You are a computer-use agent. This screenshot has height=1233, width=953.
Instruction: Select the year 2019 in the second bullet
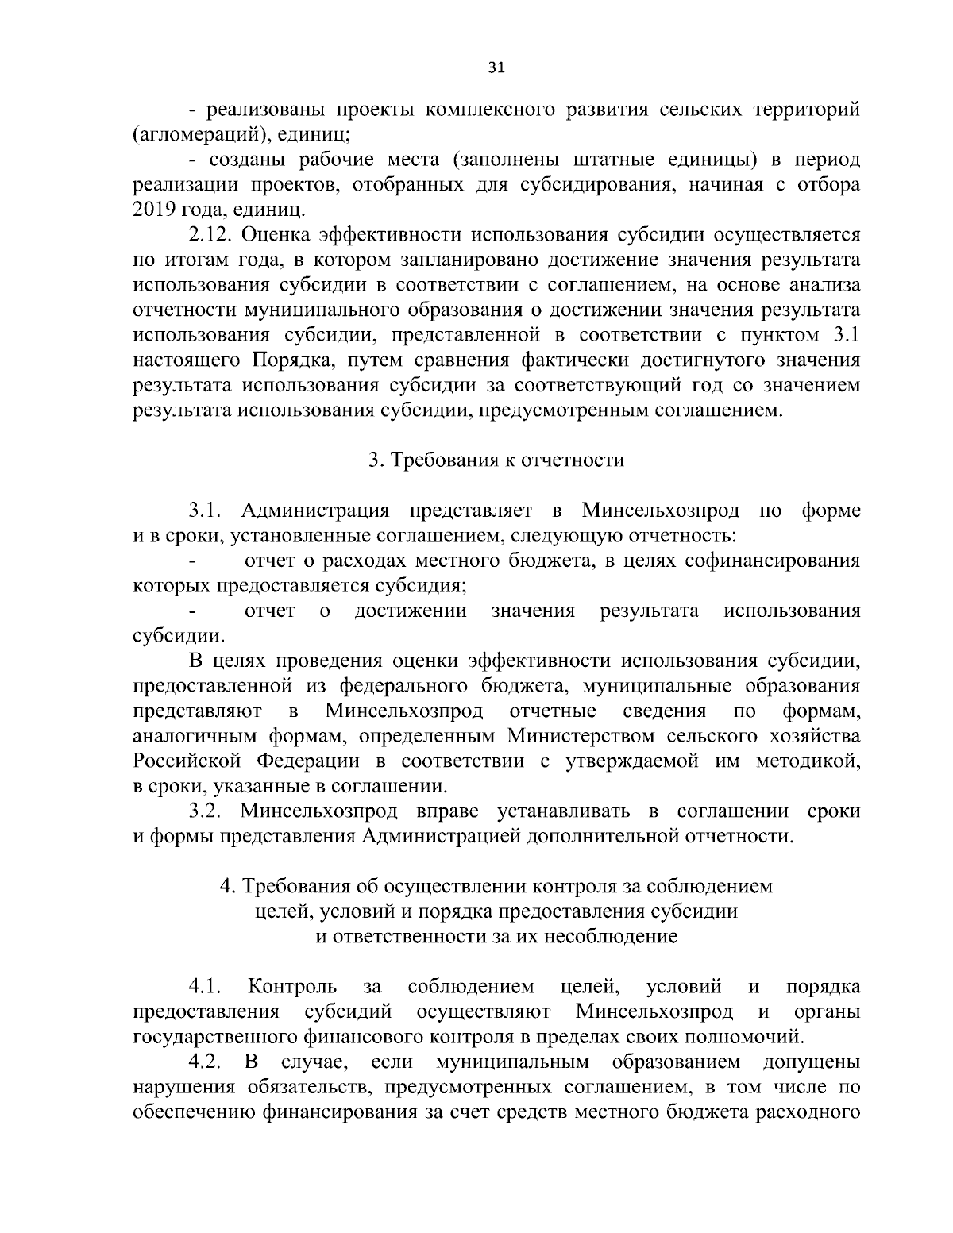tap(155, 210)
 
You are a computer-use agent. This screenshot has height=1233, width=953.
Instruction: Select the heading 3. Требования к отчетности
tap(496, 460)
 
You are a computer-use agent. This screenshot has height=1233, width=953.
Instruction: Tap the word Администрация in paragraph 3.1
tap(314, 509)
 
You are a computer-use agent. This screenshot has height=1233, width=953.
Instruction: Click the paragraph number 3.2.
tap(209, 811)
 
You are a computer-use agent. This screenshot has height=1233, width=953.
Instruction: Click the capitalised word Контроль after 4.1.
tap(292, 987)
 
